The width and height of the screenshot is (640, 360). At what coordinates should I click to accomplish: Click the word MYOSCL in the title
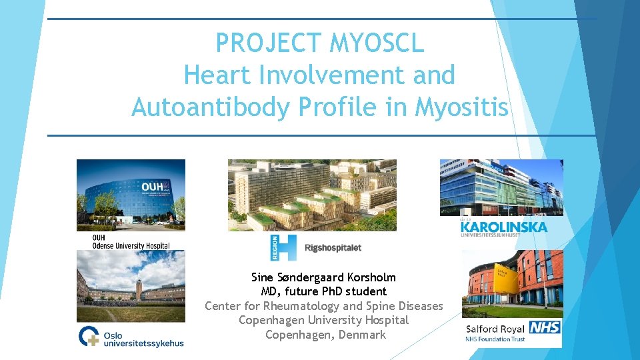(x=377, y=44)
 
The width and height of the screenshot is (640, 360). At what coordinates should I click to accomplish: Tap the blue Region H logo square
(x=283, y=247)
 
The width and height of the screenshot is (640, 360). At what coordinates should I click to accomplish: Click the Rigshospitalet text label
(x=333, y=248)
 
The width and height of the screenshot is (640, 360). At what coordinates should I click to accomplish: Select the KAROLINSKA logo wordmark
(x=504, y=227)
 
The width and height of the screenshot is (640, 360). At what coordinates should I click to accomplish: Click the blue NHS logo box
(x=545, y=327)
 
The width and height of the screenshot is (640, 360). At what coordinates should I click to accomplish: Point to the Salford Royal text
(x=494, y=327)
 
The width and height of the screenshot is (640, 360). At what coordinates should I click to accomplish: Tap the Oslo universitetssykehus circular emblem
(x=89, y=337)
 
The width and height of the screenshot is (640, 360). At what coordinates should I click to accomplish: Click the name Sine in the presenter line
(x=263, y=277)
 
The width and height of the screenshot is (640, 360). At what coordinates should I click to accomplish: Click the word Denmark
(x=362, y=335)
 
